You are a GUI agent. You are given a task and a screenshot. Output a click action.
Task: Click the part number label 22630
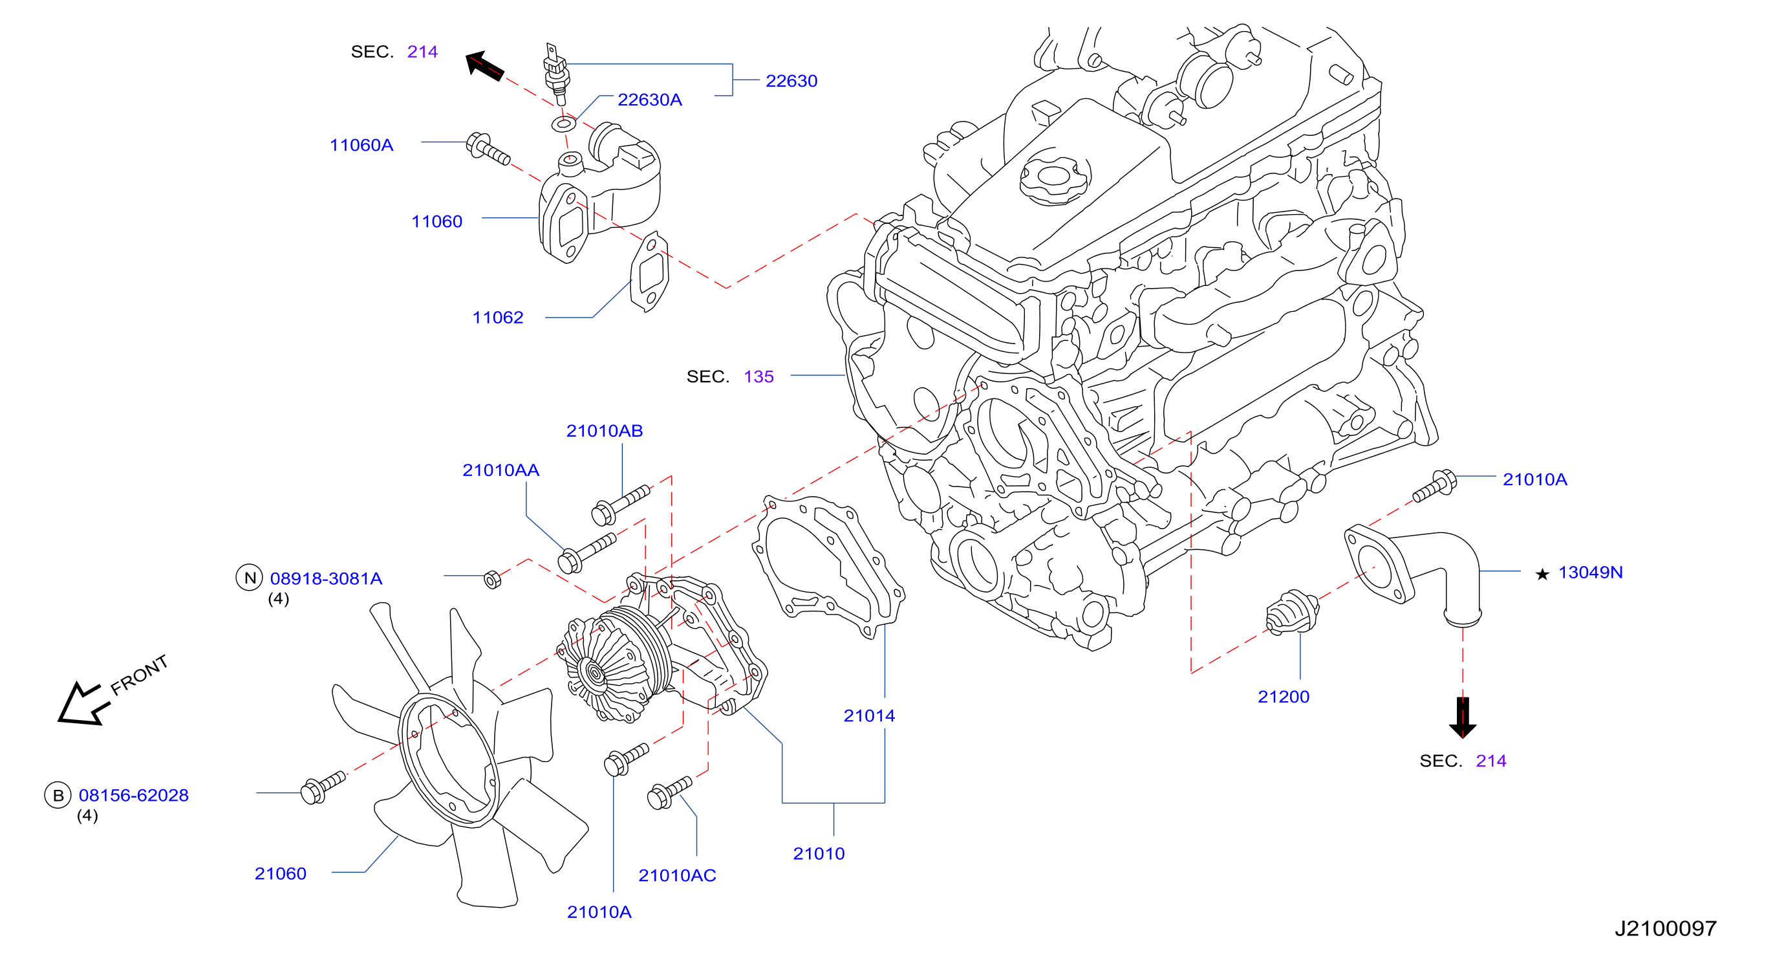coord(791,81)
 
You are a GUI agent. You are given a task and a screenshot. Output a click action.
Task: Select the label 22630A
coord(650,100)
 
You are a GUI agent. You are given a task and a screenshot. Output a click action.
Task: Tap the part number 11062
coord(498,318)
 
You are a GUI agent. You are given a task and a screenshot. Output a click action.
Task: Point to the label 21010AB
coord(605,431)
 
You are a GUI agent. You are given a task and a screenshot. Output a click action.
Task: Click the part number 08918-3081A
coord(326,578)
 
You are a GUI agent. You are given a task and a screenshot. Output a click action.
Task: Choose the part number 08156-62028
coord(133,795)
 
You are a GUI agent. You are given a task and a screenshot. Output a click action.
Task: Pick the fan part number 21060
coord(280,873)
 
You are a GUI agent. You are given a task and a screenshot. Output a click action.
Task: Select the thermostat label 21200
coord(1284,697)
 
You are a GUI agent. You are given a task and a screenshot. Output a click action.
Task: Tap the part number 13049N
coord(1591,573)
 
